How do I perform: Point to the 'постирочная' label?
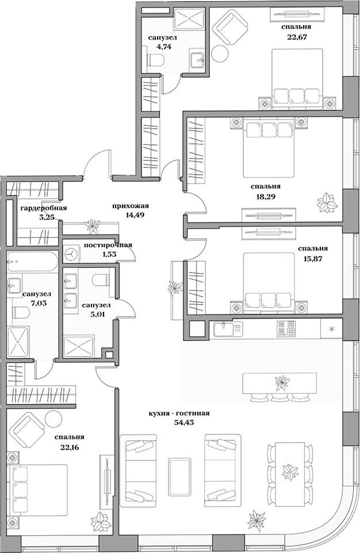click(x=108, y=245)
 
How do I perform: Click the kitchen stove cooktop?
click(x=286, y=329)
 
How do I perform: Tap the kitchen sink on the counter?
click(x=227, y=329)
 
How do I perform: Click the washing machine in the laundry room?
click(x=72, y=253)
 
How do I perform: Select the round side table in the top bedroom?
click(x=221, y=54)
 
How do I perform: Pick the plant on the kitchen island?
click(x=283, y=381)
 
